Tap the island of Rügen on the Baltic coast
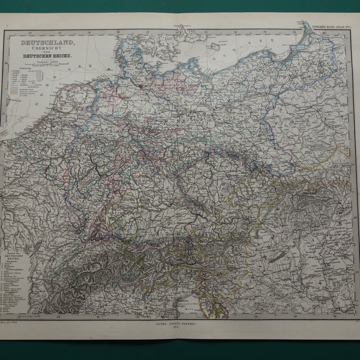[180, 60]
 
